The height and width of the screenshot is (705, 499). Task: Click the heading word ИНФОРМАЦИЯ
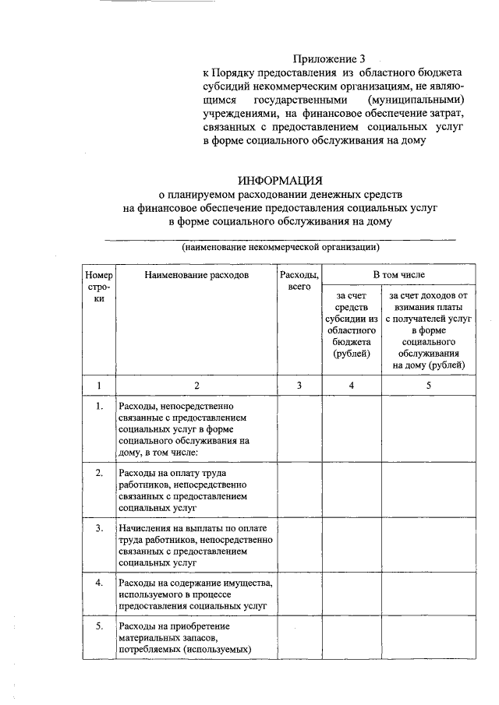[x=279, y=181]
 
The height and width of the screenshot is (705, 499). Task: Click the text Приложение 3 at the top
[x=328, y=58]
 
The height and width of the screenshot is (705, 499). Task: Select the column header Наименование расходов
[x=196, y=276]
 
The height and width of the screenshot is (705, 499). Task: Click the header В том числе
[x=398, y=275]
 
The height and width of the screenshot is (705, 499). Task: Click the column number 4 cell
[x=350, y=385]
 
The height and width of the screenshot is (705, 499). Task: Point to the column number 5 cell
[x=428, y=385]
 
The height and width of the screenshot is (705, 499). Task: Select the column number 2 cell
[x=196, y=385]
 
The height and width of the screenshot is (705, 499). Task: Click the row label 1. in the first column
[x=99, y=407]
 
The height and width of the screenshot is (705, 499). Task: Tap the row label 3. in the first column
[x=99, y=528]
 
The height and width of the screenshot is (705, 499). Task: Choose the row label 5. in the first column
[x=99, y=626]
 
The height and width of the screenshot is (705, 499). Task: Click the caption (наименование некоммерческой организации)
[x=281, y=248]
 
